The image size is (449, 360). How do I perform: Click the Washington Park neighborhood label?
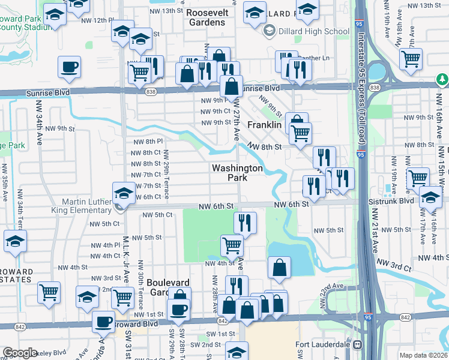point(237,173)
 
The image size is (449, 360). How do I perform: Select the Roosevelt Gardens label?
point(205,17)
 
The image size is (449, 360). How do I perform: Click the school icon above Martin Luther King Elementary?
point(124,193)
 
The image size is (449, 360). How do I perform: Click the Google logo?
point(20,353)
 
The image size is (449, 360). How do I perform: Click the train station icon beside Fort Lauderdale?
point(359,345)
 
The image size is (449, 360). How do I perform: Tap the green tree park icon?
point(442,79)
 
